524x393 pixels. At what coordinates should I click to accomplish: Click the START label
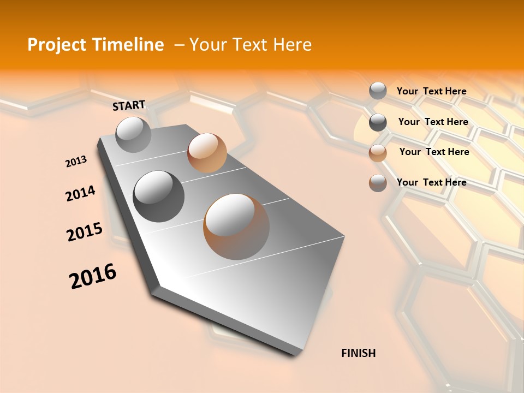pyautogui.click(x=129, y=105)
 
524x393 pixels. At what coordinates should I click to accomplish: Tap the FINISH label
pyautogui.click(x=358, y=353)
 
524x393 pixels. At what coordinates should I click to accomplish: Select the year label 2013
pyautogui.click(x=76, y=161)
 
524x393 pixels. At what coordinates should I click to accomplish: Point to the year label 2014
pyautogui.click(x=80, y=193)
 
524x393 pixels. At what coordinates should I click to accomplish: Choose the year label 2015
pyautogui.click(x=85, y=232)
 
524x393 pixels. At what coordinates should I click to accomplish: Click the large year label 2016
pyautogui.click(x=93, y=276)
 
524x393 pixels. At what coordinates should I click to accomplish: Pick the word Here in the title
pyautogui.click(x=293, y=45)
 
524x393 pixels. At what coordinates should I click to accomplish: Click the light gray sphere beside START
pyautogui.click(x=134, y=134)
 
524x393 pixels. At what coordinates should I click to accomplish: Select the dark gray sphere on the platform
pyautogui.click(x=158, y=196)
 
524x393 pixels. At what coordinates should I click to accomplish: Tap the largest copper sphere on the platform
pyautogui.click(x=236, y=226)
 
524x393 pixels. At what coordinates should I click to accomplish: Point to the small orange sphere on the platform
pyautogui.click(x=207, y=153)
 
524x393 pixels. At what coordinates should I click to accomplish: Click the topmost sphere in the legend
pyautogui.click(x=378, y=91)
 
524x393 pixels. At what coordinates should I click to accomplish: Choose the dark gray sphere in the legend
pyautogui.click(x=378, y=122)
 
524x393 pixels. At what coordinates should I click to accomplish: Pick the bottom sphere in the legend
pyautogui.click(x=378, y=183)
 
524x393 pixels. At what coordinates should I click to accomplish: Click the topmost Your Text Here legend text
pyautogui.click(x=431, y=91)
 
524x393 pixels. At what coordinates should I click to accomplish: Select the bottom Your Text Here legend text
pyautogui.click(x=431, y=182)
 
